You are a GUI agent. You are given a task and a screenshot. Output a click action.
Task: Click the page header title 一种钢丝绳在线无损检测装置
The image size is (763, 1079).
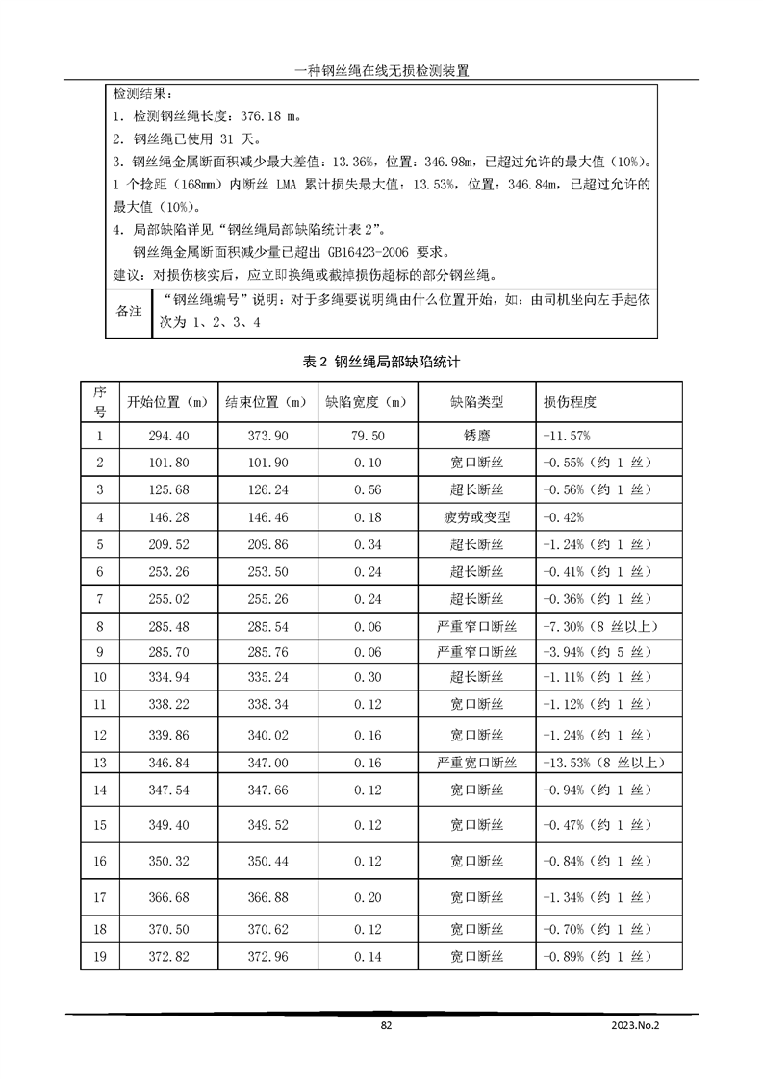(381, 70)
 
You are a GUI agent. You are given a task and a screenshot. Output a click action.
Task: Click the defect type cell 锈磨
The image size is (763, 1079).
(476, 436)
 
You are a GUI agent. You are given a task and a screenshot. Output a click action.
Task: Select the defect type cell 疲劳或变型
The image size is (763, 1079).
(476, 517)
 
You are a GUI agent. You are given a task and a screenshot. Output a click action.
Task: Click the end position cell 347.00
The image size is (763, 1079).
(268, 763)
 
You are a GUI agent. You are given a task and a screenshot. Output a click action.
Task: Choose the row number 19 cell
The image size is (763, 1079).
(99, 956)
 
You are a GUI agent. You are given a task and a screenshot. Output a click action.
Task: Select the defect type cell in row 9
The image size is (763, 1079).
(476, 654)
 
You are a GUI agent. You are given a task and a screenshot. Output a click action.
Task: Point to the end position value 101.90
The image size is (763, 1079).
(268, 463)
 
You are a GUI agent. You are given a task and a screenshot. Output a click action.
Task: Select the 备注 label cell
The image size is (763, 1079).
(128, 312)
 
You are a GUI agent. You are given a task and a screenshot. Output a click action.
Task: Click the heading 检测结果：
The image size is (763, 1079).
(143, 95)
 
